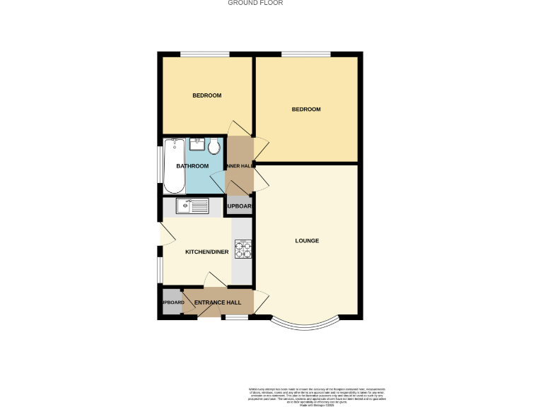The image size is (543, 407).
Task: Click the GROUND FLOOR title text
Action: (x=255, y=3)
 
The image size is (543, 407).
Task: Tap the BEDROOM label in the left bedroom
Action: (x=207, y=95)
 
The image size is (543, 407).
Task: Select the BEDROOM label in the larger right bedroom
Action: (x=306, y=110)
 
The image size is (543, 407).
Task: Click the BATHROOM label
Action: (x=192, y=166)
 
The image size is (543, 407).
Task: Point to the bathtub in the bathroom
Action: (x=174, y=166)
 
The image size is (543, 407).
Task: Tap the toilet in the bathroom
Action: (x=214, y=146)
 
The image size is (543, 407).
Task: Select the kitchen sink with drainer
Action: (x=193, y=206)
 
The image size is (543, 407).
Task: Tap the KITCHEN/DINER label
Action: (x=207, y=252)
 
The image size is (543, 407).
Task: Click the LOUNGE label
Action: (x=307, y=241)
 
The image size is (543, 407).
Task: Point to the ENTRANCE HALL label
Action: (x=218, y=302)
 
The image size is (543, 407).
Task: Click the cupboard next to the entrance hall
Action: (x=172, y=302)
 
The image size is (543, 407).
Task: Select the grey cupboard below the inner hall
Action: (x=239, y=206)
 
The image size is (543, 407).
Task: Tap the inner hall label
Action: (x=239, y=166)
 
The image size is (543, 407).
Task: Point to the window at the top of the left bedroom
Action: (x=204, y=54)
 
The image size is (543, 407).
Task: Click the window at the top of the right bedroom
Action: (x=306, y=54)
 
